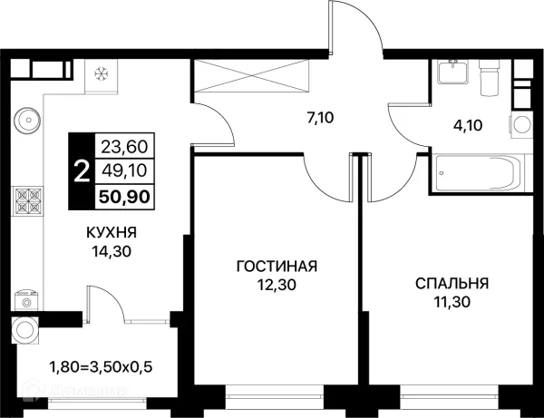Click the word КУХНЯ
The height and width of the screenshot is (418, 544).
pyautogui.click(x=112, y=232)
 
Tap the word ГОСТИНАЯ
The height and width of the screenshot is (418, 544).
pyautogui.click(x=277, y=267)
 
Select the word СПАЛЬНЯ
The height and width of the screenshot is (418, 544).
pyautogui.click(x=452, y=284)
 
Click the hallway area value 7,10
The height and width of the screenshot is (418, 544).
pyautogui.click(x=320, y=118)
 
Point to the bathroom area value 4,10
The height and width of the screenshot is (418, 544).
pyautogui.click(x=469, y=125)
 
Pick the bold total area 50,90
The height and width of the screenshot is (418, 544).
pyautogui.click(x=124, y=197)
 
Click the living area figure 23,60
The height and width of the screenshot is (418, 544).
pyautogui.click(x=124, y=147)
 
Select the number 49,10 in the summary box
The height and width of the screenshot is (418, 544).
pyautogui.click(x=124, y=170)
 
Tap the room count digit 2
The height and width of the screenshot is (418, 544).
pyautogui.click(x=83, y=171)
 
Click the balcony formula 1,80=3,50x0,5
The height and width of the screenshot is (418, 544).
pyautogui.click(x=102, y=366)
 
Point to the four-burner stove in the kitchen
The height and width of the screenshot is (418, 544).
pyautogui.click(x=27, y=200)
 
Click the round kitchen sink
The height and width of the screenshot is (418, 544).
pyautogui.click(x=27, y=120)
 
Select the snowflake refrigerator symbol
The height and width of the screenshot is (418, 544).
pyautogui.click(x=102, y=73)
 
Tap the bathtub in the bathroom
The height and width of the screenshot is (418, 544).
pyautogui.click(x=478, y=173)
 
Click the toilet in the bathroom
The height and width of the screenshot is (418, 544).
pyautogui.click(x=490, y=77)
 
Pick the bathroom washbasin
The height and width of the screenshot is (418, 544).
pyautogui.click(x=452, y=72)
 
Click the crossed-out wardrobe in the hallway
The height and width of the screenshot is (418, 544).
pyautogui.click(x=251, y=76)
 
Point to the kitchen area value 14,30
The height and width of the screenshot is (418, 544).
pyautogui.click(x=112, y=251)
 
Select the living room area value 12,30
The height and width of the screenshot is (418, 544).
pyautogui.click(x=277, y=285)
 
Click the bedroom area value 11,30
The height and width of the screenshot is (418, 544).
pyautogui.click(x=452, y=302)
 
